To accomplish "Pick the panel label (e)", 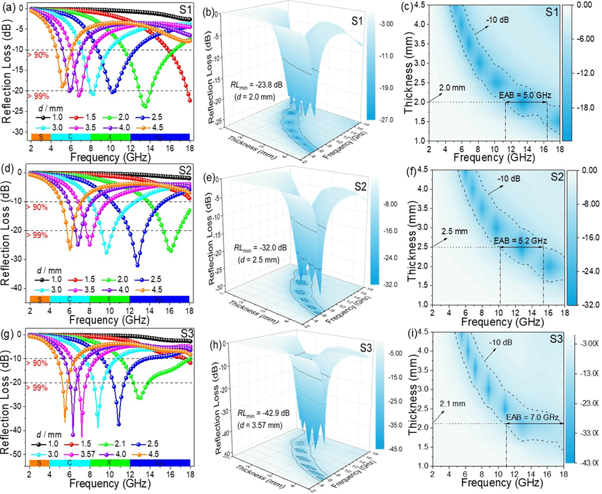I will click(213, 176).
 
